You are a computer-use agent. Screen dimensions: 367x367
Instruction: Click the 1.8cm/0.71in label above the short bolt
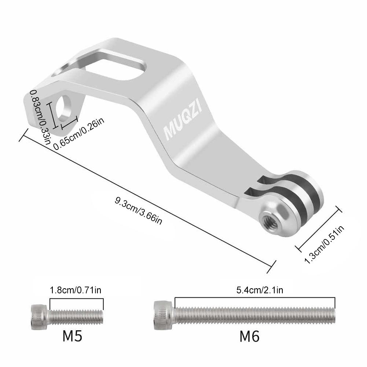click(x=76, y=290)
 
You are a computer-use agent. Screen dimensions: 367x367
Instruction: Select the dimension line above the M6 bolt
click(x=255, y=297)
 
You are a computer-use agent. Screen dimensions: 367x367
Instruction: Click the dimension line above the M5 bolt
click(x=76, y=298)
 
